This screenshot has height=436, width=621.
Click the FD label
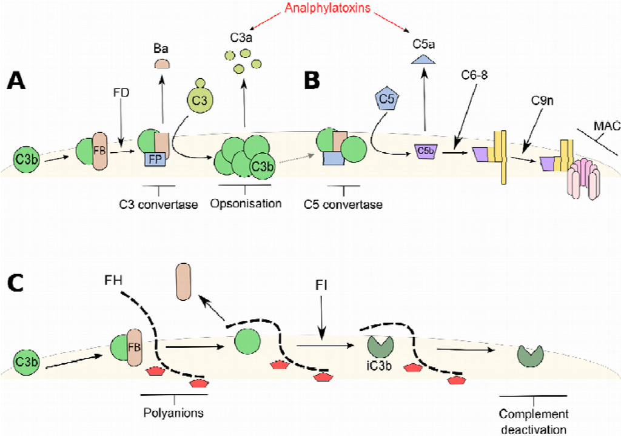(x=122, y=95)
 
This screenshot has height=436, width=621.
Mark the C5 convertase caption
(x=343, y=204)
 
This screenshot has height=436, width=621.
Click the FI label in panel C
(x=321, y=284)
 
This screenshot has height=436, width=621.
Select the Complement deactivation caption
(x=534, y=420)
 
